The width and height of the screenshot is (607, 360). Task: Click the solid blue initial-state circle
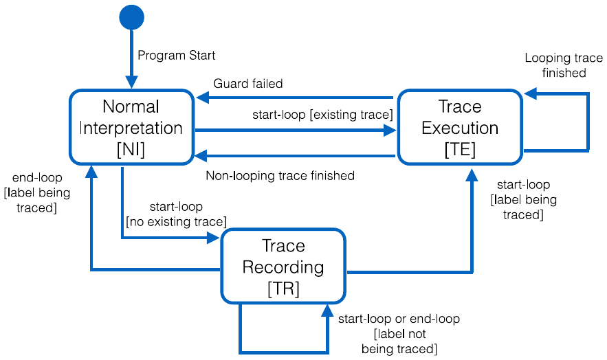131,17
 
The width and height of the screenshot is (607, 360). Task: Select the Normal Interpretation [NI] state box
131,127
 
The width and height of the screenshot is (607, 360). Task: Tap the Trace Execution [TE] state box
460,127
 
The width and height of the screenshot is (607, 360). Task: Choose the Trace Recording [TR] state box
283,267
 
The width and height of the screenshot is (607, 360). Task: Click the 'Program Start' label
177,55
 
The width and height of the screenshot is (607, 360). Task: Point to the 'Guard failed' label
248,84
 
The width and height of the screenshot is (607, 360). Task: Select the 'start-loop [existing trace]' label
322,115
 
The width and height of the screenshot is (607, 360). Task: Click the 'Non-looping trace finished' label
280,176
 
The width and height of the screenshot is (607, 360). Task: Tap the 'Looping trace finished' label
564,65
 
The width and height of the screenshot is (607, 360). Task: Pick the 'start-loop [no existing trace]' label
176,214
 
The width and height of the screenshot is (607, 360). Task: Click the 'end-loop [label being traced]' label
36,192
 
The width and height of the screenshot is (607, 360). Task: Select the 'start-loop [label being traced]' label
523,199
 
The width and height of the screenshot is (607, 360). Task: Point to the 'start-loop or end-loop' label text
399,319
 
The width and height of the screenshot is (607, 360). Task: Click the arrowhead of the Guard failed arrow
203,98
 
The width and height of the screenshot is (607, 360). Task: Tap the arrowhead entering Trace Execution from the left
390,131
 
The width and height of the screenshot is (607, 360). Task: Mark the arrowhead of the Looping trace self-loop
530,93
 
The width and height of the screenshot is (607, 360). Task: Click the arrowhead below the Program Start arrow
131,82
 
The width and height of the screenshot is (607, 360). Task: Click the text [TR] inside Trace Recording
283,289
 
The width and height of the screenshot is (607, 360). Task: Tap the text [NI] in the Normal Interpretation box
131,150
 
